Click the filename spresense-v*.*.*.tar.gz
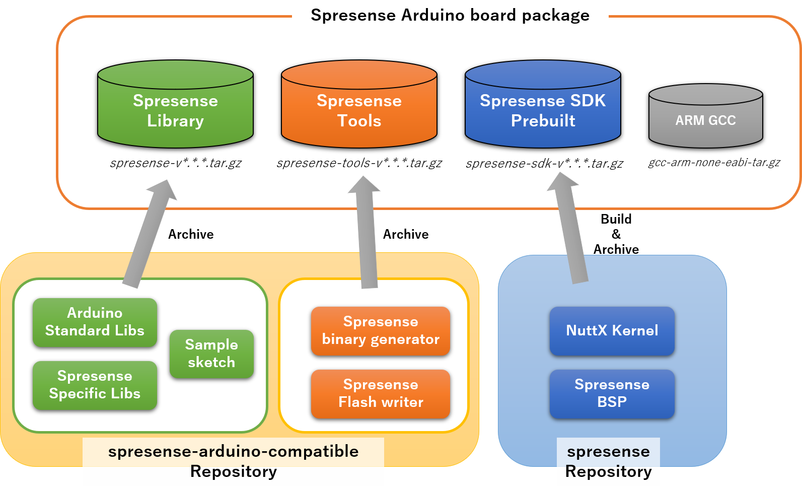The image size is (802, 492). click(176, 163)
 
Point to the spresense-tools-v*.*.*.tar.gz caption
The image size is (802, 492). click(359, 163)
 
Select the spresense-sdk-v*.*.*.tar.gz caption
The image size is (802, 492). click(544, 164)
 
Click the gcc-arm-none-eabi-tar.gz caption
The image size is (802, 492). click(714, 163)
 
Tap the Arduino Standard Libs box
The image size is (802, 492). click(95, 322)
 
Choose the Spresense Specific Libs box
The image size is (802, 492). click(95, 385)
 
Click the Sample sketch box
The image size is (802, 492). click(211, 354)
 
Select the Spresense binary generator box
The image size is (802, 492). click(381, 331)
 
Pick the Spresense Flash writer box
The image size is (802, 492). click(381, 394)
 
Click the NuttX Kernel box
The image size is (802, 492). click(612, 331)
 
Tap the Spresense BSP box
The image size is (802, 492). click(612, 394)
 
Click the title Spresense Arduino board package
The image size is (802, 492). click(450, 15)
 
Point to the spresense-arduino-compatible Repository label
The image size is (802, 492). click(233, 461)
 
